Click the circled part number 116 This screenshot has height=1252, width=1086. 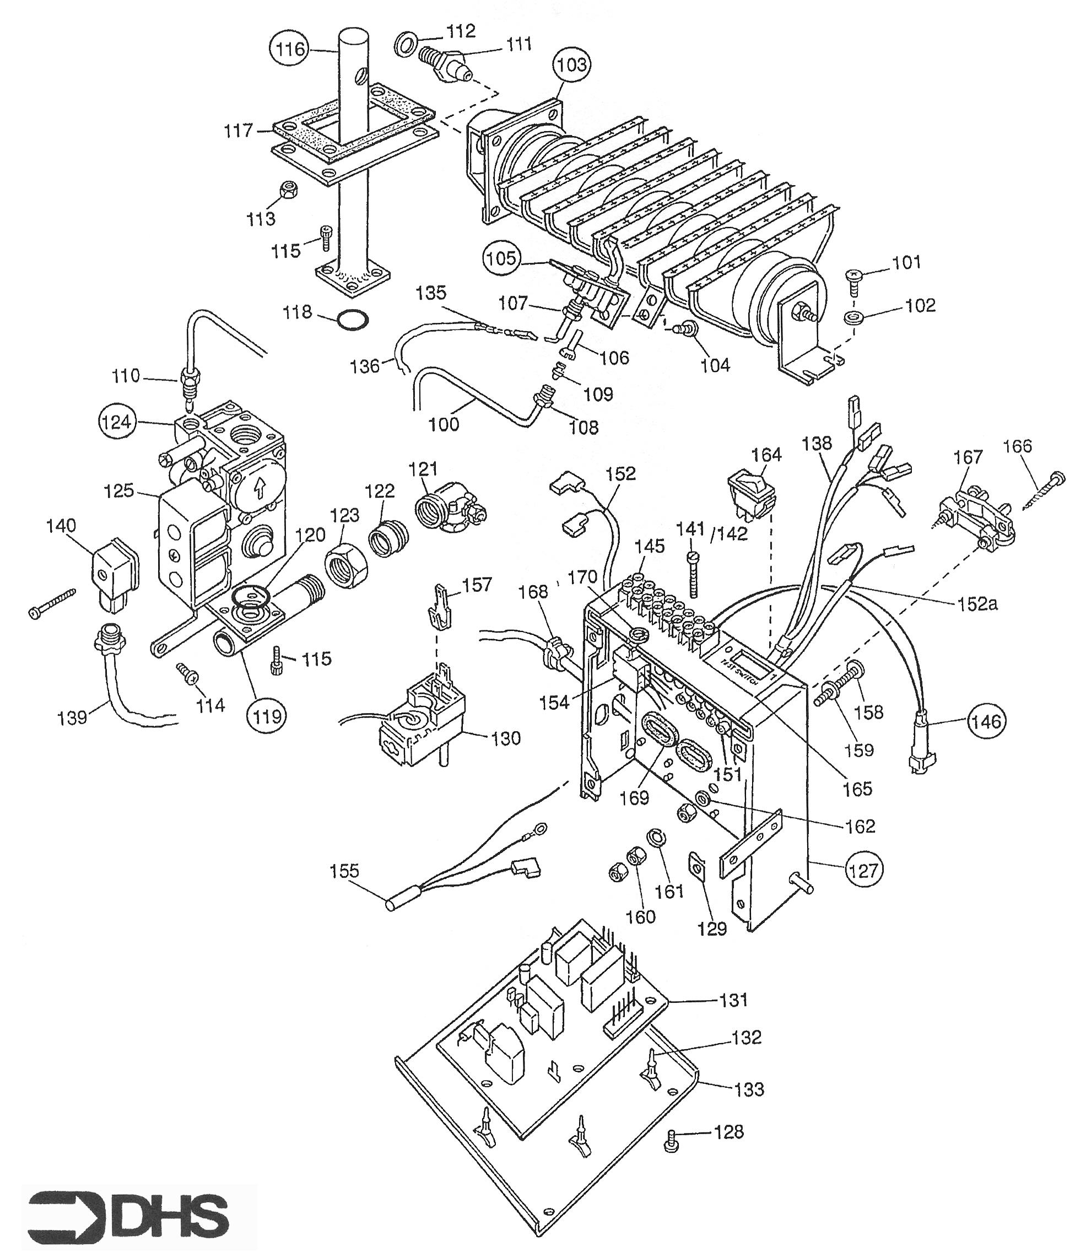pyautogui.click(x=290, y=48)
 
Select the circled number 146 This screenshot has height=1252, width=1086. pyautogui.click(x=986, y=721)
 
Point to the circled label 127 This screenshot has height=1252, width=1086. pyautogui.click(x=863, y=870)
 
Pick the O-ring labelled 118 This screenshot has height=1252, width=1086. pyautogui.click(x=352, y=320)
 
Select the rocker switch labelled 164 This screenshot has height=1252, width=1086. pyautogui.click(x=751, y=495)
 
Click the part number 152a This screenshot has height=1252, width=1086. pyautogui.click(x=977, y=603)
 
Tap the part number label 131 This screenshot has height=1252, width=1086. pyautogui.click(x=734, y=999)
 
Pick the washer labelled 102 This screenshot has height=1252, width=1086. pyautogui.click(x=853, y=317)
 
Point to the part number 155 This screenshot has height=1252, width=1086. pyautogui.click(x=344, y=871)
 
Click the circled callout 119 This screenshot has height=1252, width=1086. pyautogui.click(x=267, y=716)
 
